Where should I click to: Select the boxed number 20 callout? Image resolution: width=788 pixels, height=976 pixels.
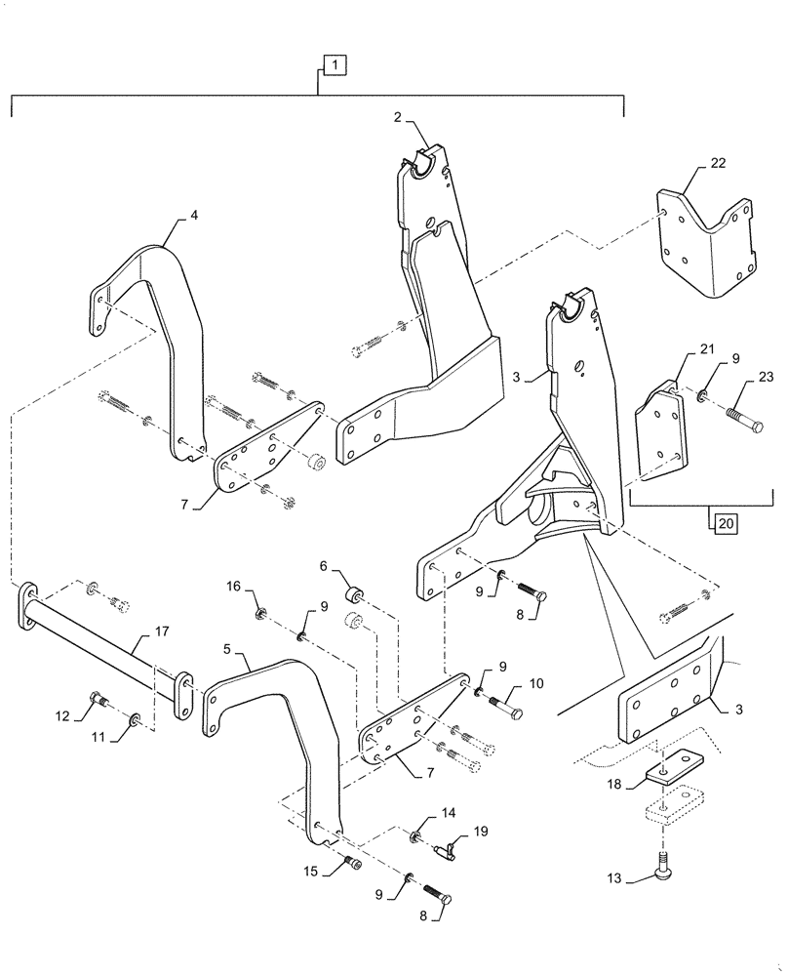point(724,524)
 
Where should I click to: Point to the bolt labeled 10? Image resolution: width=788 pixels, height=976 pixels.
point(507,700)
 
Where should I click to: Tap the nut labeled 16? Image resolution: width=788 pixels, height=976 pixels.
point(262,615)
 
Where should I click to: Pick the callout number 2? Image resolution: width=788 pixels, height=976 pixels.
point(400,117)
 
